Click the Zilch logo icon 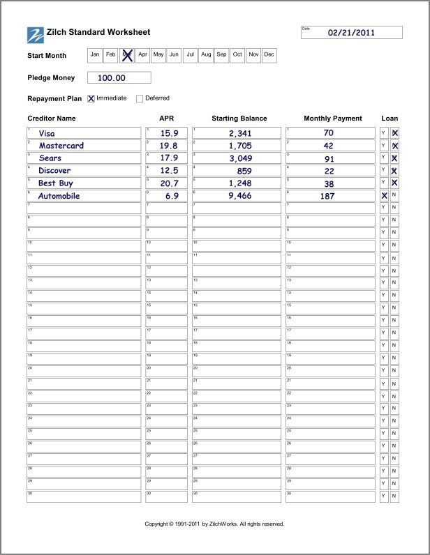click(x=35, y=34)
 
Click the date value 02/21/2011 click(x=352, y=32)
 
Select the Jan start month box click(x=95, y=54)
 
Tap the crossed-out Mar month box click(x=127, y=54)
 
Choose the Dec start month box click(x=269, y=54)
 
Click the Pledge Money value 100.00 click(x=112, y=78)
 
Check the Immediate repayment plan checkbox click(x=91, y=98)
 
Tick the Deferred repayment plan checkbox click(x=140, y=98)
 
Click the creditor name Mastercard click(x=61, y=146)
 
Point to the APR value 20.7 click(x=169, y=183)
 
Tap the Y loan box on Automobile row click(x=384, y=196)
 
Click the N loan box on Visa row click(x=395, y=133)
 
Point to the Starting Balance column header click(x=239, y=119)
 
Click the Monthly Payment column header click(x=333, y=119)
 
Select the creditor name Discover click(x=54, y=171)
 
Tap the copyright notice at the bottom click(x=214, y=524)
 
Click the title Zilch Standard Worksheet click(x=98, y=33)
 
